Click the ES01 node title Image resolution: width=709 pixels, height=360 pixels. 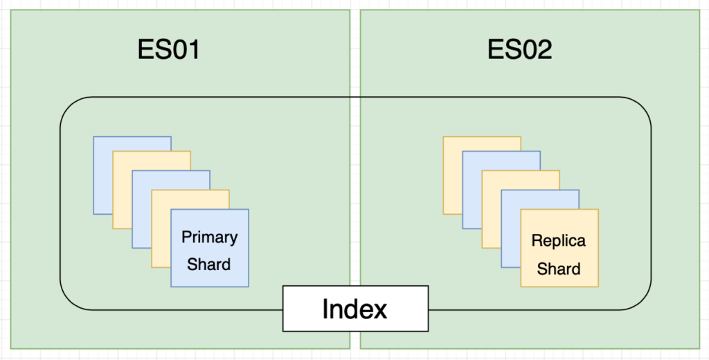[168, 49]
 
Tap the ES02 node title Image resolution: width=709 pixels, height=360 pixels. [519, 49]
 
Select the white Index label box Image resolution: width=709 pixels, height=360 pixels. [355, 309]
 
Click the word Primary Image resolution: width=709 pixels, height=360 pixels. [209, 237]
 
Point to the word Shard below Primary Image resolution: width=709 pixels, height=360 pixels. [209, 264]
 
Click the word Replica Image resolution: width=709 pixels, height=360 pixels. [559, 241]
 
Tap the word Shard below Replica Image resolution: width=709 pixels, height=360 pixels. [559, 269]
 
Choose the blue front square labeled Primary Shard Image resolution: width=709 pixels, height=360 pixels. [210, 248]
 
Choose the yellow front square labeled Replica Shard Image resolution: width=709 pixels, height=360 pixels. [559, 248]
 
